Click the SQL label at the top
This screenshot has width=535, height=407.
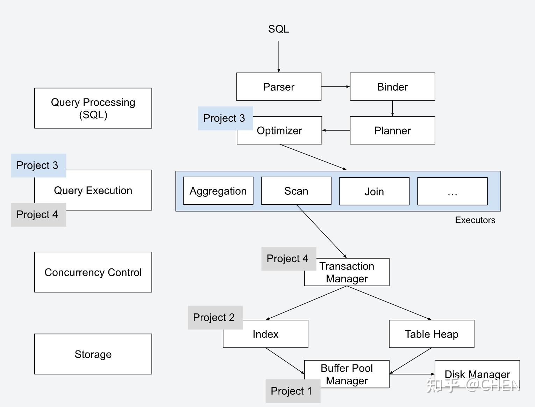[x=278, y=29]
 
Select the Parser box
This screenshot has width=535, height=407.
[x=278, y=87]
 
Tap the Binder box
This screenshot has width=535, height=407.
[x=392, y=87]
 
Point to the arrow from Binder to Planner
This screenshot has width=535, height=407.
[x=392, y=108]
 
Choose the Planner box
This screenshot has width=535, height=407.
[x=392, y=130]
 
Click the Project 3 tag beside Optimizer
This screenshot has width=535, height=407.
[x=225, y=118]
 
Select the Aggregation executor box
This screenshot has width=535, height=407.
[x=218, y=191]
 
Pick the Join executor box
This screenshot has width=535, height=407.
[x=374, y=191]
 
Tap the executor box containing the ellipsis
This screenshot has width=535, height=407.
[x=452, y=191]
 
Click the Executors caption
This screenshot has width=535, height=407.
[x=475, y=220]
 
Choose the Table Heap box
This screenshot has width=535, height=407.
[x=431, y=334]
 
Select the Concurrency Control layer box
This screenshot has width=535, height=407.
[x=93, y=272]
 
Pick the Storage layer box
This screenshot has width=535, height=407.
[x=93, y=354]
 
